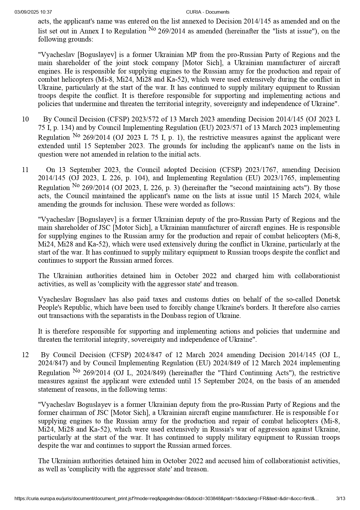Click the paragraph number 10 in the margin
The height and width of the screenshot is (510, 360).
point(25,119)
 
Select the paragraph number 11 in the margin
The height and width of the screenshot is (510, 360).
point(25,170)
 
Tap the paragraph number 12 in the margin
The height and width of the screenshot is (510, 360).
point(25,355)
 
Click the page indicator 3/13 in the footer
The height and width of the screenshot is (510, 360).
point(341,499)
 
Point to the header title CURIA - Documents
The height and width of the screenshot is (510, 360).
point(208,12)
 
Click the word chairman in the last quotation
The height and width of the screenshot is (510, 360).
point(69,413)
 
